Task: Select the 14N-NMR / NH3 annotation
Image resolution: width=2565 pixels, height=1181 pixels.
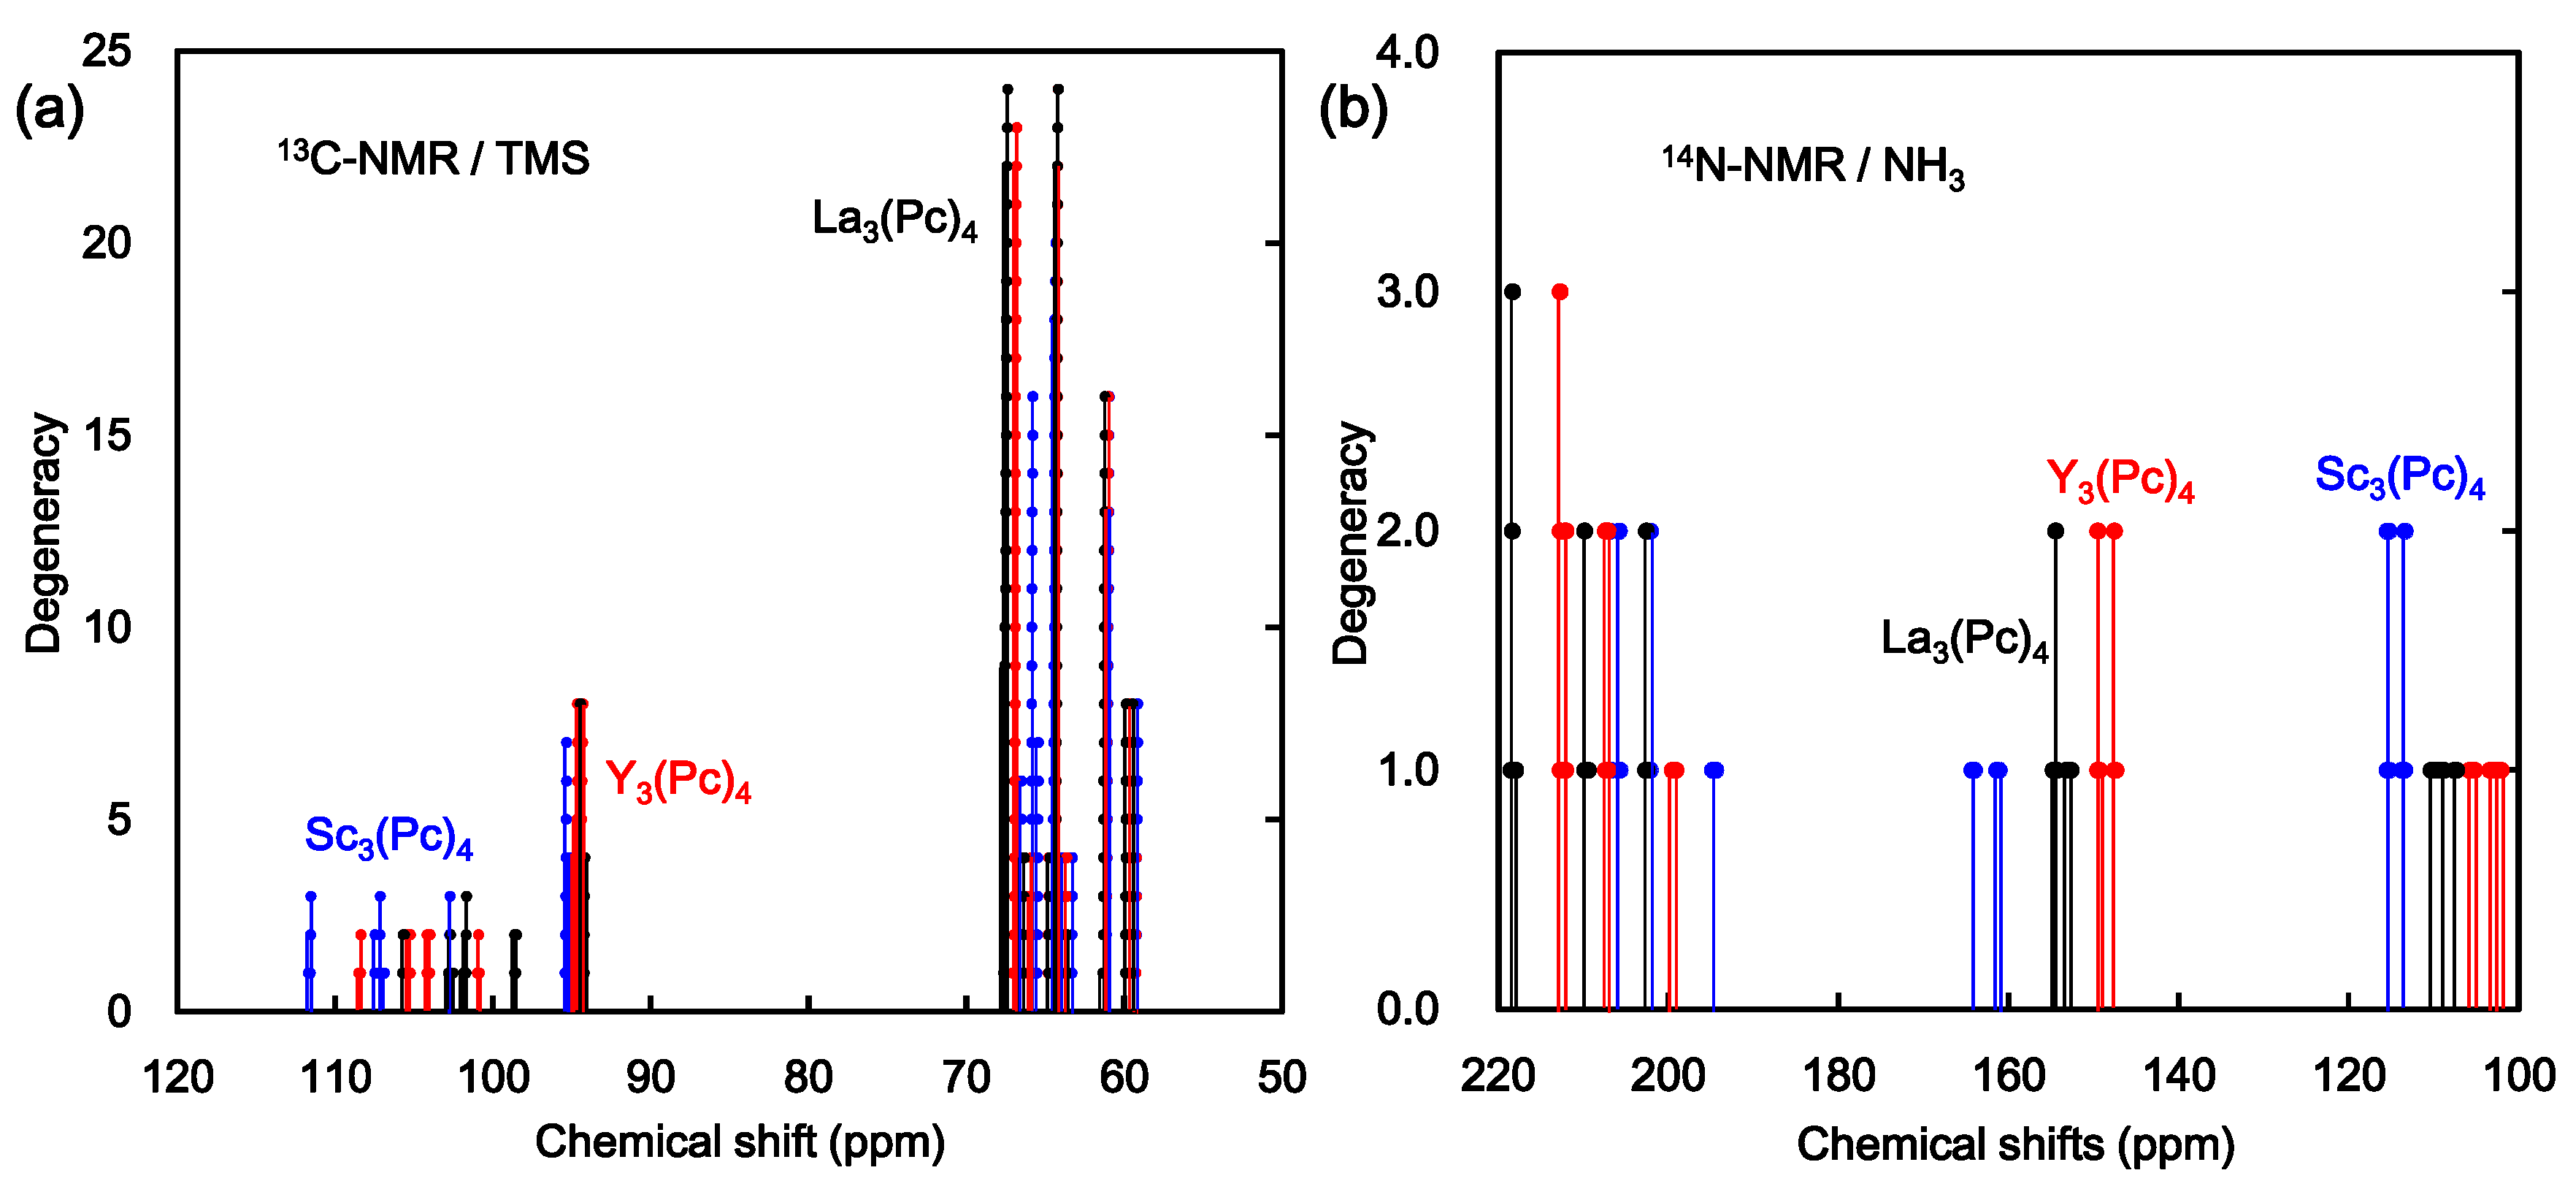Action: coord(1812,164)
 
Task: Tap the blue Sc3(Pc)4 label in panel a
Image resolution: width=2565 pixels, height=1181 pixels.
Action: coord(388,836)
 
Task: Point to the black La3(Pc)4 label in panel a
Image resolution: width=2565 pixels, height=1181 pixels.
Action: coord(894,218)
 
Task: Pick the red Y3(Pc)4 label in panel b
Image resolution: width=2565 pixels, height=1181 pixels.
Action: coord(2120,479)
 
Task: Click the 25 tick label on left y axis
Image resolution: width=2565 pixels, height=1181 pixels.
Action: coord(107,50)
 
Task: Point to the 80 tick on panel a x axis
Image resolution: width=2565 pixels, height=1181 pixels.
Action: coord(808,1077)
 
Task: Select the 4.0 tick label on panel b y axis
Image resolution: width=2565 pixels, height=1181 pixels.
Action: coord(1407,52)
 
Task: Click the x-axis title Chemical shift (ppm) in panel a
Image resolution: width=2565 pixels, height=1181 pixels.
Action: coord(740,1141)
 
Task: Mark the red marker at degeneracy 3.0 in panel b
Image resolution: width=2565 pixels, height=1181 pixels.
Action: coord(1560,291)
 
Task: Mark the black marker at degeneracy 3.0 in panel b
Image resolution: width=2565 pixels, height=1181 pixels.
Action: coord(1513,291)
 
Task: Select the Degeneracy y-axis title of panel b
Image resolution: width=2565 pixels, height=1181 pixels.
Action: coord(1351,543)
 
